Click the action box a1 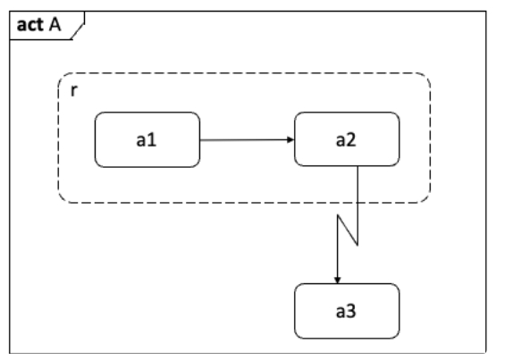click(x=147, y=139)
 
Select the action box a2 click(x=347, y=139)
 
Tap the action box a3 click(x=347, y=311)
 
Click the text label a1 click(x=147, y=140)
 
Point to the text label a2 click(x=346, y=140)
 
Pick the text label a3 click(x=346, y=312)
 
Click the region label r click(x=74, y=90)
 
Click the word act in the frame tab click(x=30, y=25)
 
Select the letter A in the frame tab click(x=55, y=24)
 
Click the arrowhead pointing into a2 click(x=290, y=139)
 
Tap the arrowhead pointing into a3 click(x=338, y=280)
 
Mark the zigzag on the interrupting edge click(x=348, y=230)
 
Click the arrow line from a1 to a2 click(x=247, y=139)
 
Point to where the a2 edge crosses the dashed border click(x=358, y=203)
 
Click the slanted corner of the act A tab click(x=78, y=31)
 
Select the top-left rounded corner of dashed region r click(x=63, y=79)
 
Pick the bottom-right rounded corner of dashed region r click(x=425, y=197)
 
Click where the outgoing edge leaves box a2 click(x=358, y=166)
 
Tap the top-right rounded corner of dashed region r click(x=425, y=79)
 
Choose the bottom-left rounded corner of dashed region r click(x=63, y=197)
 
